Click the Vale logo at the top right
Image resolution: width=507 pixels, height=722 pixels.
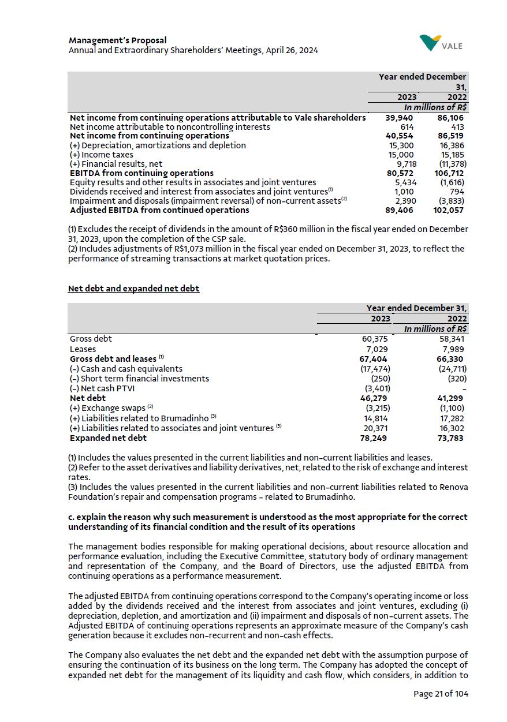tap(441, 43)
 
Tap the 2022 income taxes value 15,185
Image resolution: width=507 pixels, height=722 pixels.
tap(452, 155)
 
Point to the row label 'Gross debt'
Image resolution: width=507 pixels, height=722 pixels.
tap(91, 339)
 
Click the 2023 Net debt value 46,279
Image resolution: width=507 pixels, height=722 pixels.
tap(374, 398)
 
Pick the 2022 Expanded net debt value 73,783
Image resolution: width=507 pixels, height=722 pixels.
tap(451, 438)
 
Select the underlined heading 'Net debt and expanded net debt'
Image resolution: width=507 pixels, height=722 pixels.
tap(133, 288)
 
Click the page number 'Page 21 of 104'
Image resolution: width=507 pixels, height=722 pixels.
tap(441, 694)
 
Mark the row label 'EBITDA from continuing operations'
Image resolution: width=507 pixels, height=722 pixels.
tap(141, 173)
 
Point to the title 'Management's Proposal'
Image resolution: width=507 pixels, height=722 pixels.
tap(118, 40)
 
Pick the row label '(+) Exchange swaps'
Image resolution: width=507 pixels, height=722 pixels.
tap(107, 409)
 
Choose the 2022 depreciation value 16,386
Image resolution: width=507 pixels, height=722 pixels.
tap(452, 145)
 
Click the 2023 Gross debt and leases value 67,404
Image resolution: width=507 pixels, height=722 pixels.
tap(374, 359)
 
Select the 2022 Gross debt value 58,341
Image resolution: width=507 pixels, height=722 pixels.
tap(453, 339)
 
